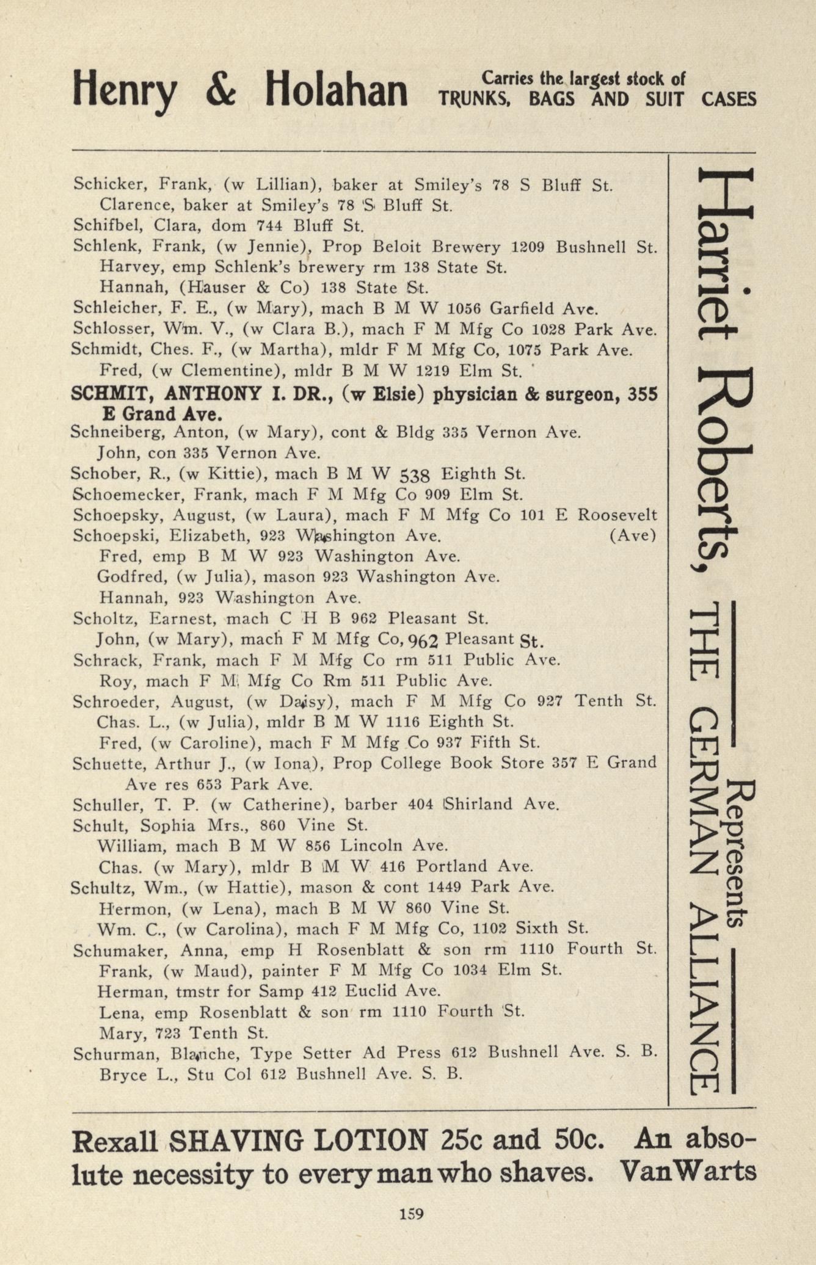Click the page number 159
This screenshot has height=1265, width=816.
coord(411,1213)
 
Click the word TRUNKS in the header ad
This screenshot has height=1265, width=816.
coord(474,99)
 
